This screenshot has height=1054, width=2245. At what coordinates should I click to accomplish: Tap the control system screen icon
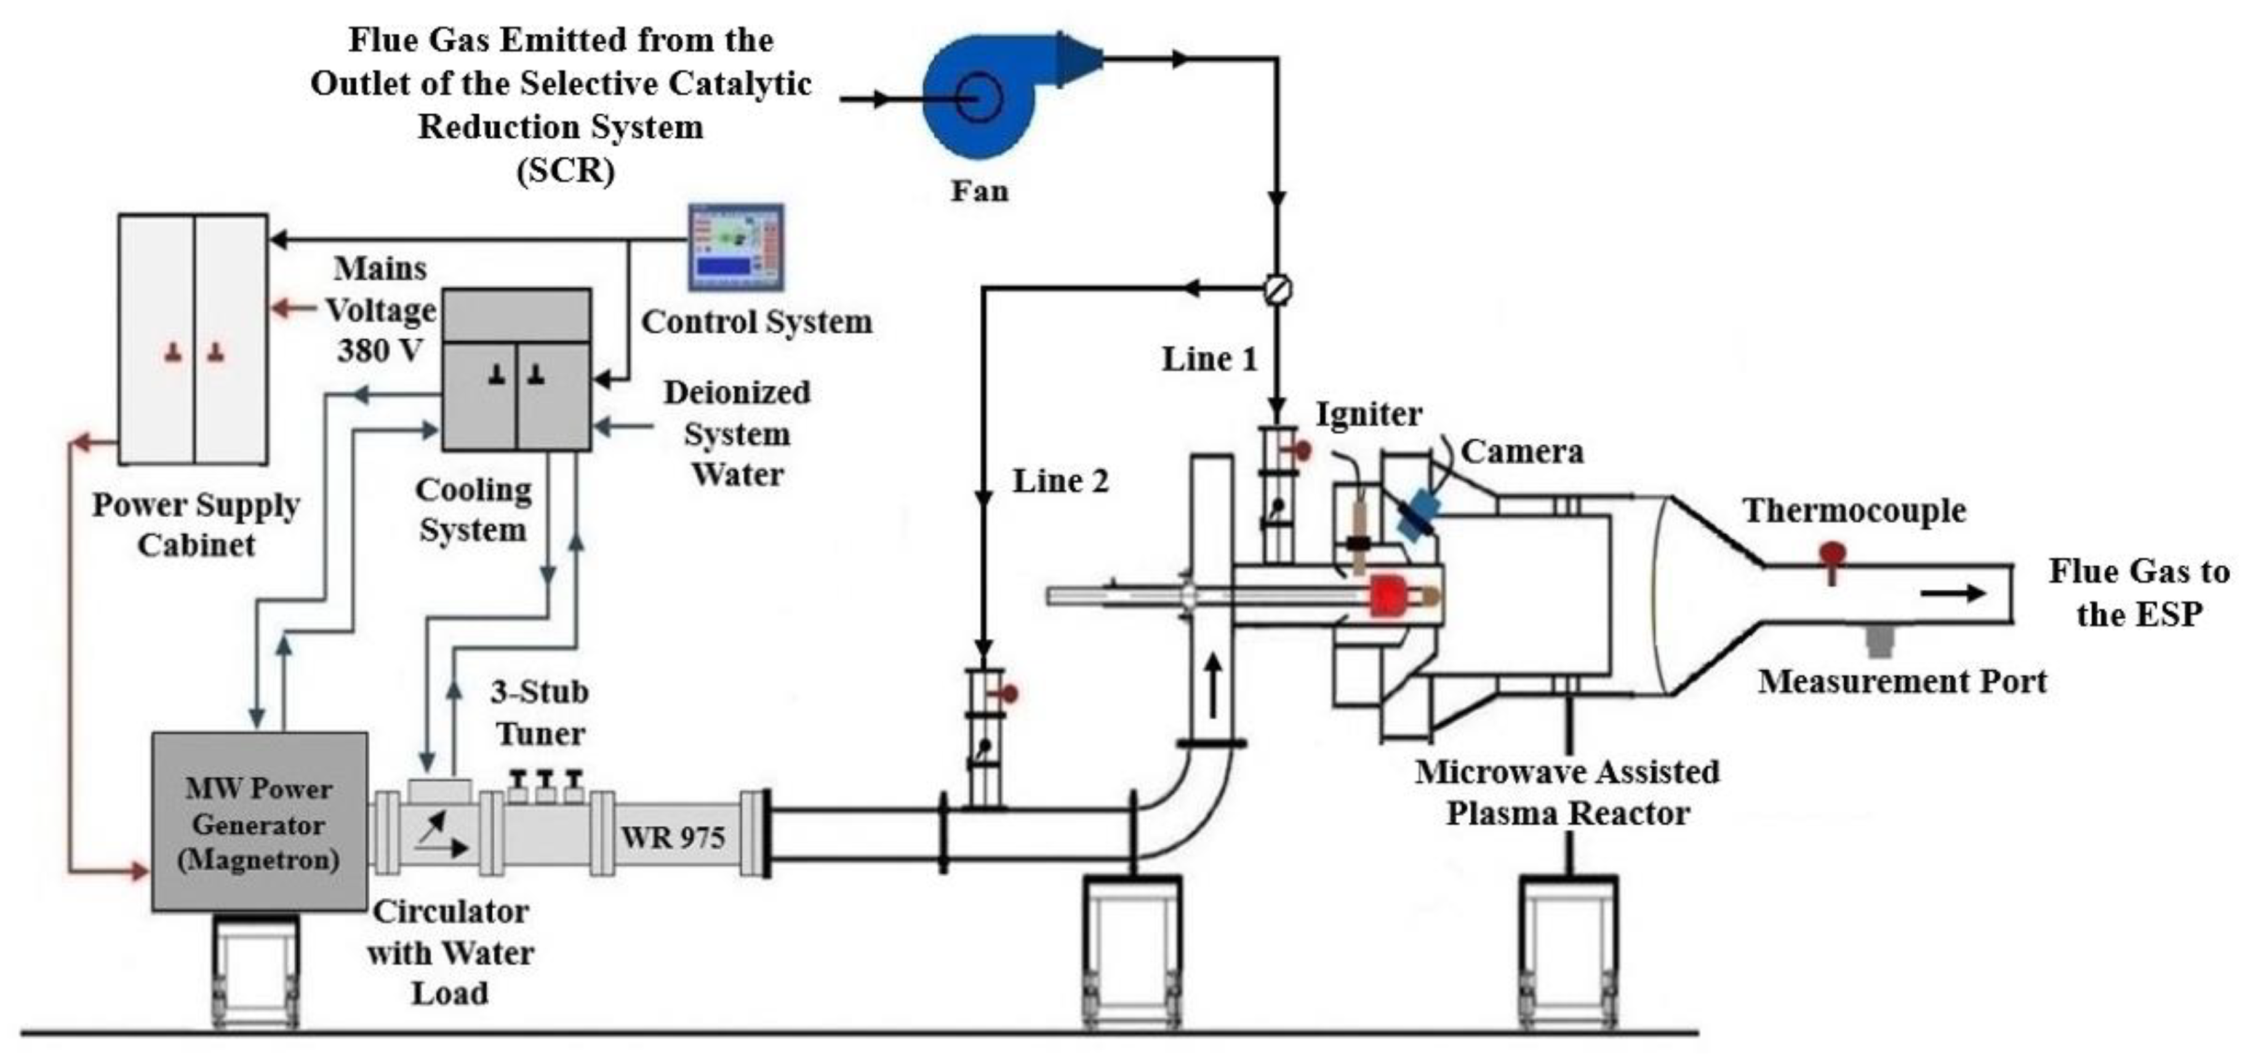click(737, 247)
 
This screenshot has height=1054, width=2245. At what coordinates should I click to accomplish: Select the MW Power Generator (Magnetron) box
click(260, 822)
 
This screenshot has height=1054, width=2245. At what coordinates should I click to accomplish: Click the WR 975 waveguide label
click(672, 837)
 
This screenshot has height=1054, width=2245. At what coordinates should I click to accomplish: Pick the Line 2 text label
click(1060, 480)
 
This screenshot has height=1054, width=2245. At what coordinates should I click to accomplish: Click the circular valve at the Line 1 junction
click(1278, 289)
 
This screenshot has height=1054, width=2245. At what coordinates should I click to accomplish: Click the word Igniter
click(1368, 414)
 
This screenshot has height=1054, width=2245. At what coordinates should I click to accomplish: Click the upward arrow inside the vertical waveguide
click(1212, 686)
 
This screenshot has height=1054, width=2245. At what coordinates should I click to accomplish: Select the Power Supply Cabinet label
click(196, 525)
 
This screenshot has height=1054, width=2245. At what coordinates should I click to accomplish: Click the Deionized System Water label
click(737, 433)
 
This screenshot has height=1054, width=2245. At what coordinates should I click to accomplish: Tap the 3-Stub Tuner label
click(540, 711)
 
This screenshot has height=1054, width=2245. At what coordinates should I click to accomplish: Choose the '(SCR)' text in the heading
click(565, 169)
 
